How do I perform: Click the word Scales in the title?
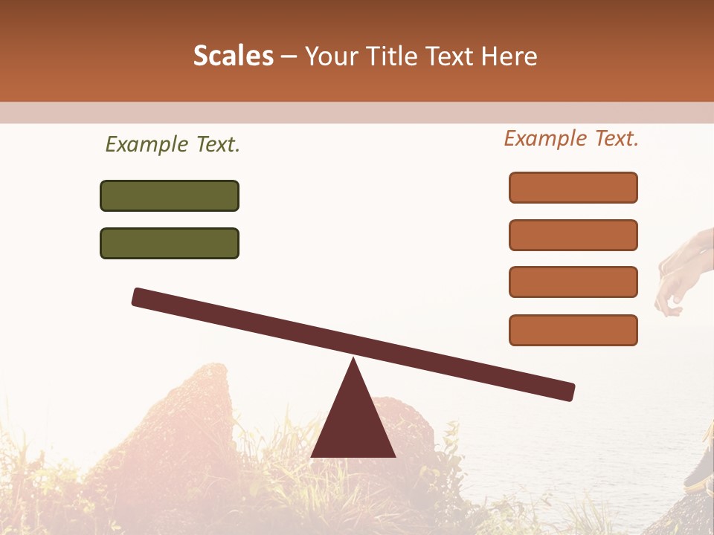click(x=233, y=56)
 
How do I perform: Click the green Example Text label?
click(x=173, y=145)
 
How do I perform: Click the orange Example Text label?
click(x=571, y=138)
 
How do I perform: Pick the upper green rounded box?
click(x=170, y=195)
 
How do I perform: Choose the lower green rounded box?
click(x=170, y=243)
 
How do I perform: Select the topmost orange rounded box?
click(x=573, y=187)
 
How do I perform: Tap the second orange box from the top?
click(x=573, y=235)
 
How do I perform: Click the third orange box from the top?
click(x=573, y=282)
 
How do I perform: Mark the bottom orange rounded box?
click(x=573, y=330)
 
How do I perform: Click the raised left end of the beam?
click(x=141, y=296)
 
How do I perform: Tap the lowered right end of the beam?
click(x=565, y=391)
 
